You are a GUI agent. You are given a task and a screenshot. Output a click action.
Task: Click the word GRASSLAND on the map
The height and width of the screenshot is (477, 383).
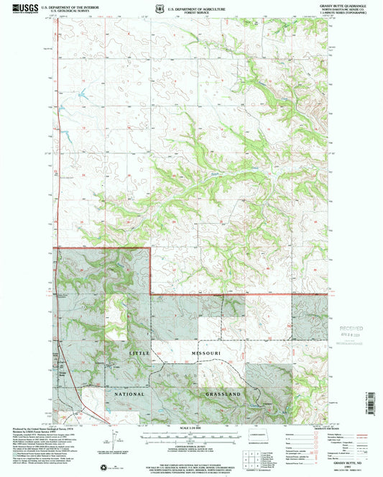pos(223,394)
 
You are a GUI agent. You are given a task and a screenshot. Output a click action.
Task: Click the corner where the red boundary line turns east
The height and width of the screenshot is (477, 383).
pos(150,294)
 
